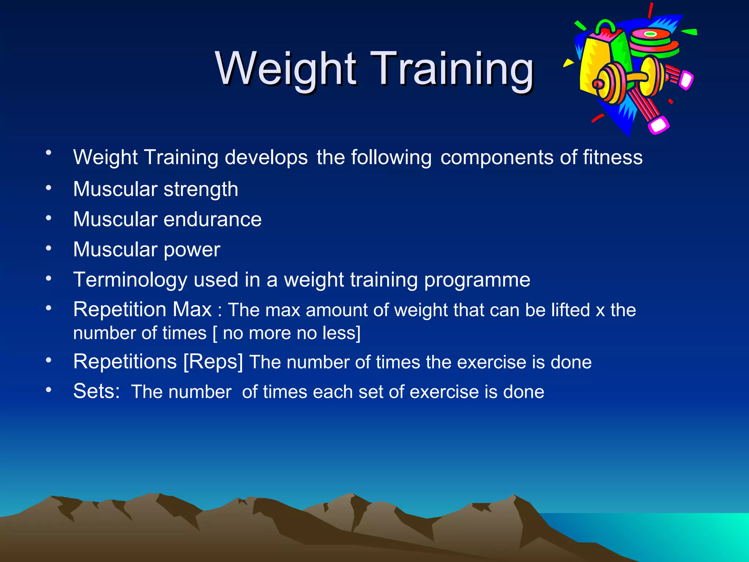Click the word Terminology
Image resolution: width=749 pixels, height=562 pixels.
tap(130, 280)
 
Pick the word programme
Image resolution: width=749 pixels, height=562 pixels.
tap(477, 280)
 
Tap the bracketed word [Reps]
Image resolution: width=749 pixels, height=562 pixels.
tap(213, 362)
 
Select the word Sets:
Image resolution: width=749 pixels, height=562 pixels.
tap(97, 391)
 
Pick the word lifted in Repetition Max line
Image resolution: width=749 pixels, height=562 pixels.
tap(571, 310)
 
